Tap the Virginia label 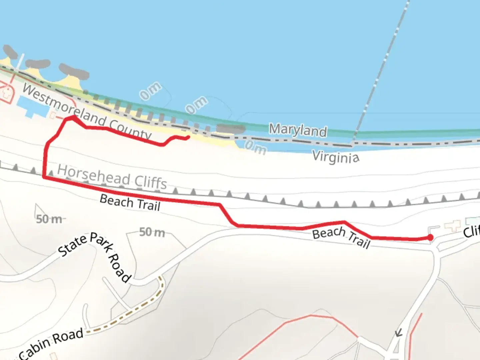coord(336,157)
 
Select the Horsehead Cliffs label coord(112,177)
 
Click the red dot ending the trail coord(430,237)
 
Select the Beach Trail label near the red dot coord(341,237)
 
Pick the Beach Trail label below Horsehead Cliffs coord(130,202)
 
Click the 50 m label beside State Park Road coord(49,219)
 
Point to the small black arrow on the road coord(398,332)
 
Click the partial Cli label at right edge coord(471,231)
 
